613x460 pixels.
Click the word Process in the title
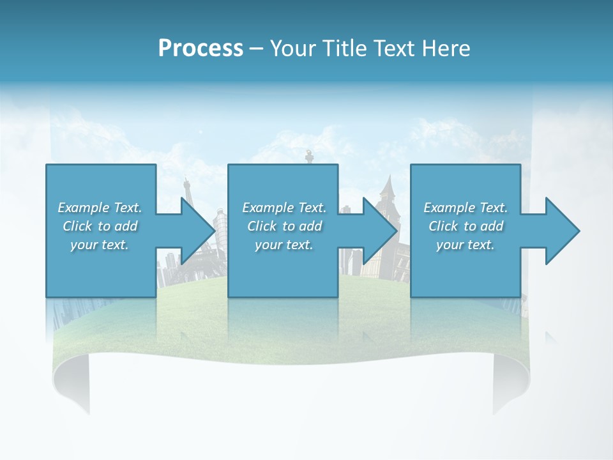coord(201,49)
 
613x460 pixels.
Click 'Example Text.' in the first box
coord(100,208)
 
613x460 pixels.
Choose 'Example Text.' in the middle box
coord(284,208)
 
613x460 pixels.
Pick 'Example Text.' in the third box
coord(465,208)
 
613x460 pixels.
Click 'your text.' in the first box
coord(100,245)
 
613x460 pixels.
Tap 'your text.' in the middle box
coord(284,245)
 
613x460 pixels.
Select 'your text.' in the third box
coord(465,245)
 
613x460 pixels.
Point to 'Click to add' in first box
coord(100,226)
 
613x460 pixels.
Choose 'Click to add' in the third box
coord(466,226)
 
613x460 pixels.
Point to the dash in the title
coord(256,49)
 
